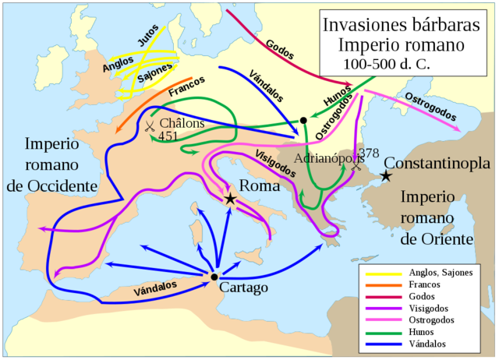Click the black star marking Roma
(x=230, y=199)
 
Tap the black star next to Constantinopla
(x=386, y=177)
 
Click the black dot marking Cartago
(x=214, y=277)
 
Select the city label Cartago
(x=245, y=288)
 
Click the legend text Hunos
(x=422, y=332)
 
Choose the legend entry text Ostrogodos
(x=432, y=320)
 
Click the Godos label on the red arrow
(x=279, y=49)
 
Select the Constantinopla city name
(x=437, y=164)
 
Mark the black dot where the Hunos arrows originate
(x=303, y=121)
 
